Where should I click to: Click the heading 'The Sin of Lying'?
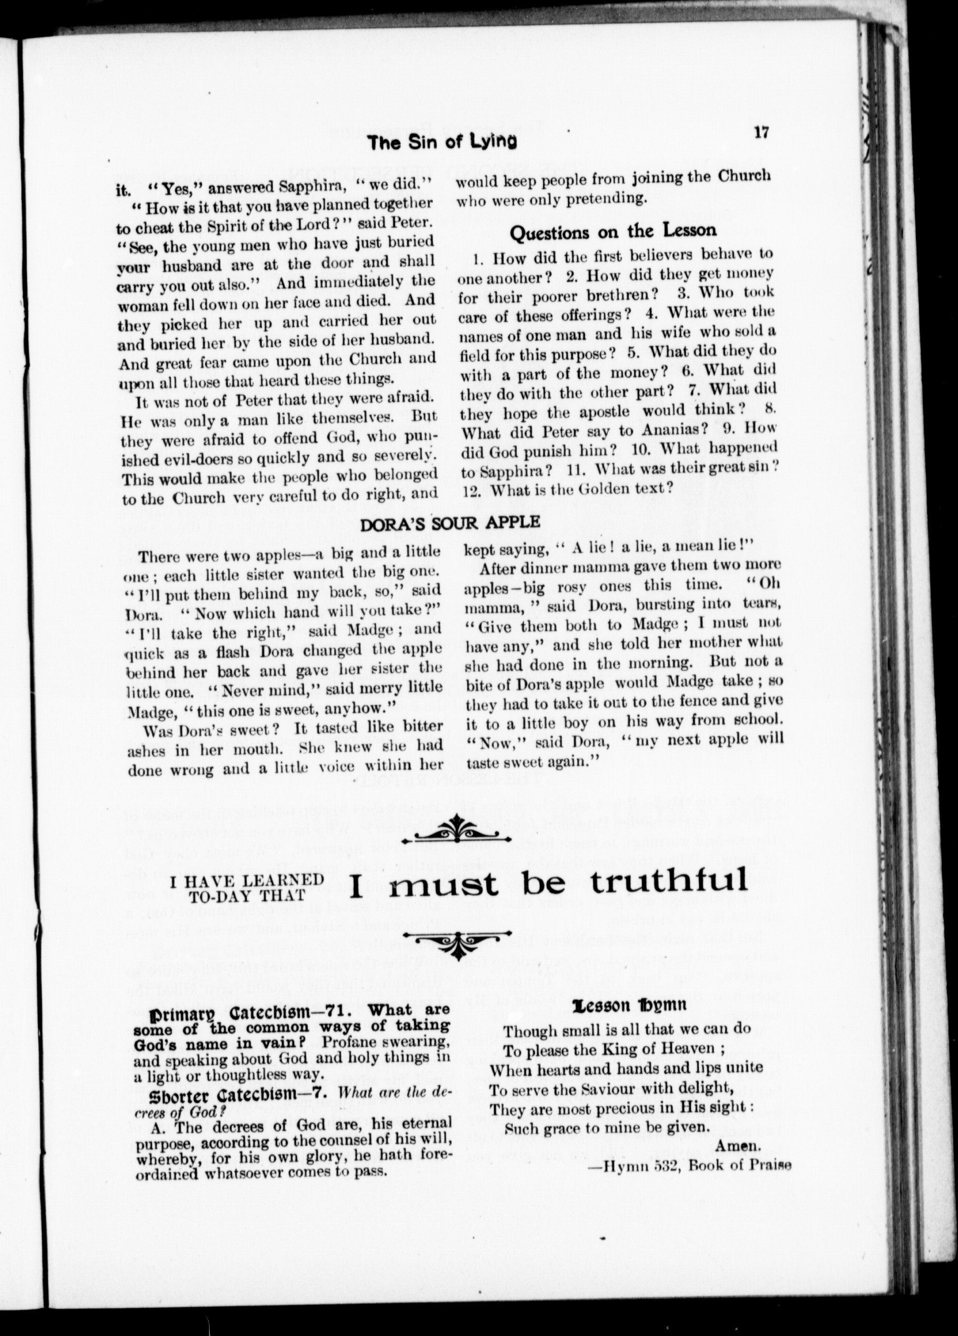(441, 142)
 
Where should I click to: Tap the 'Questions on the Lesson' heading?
(613, 231)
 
